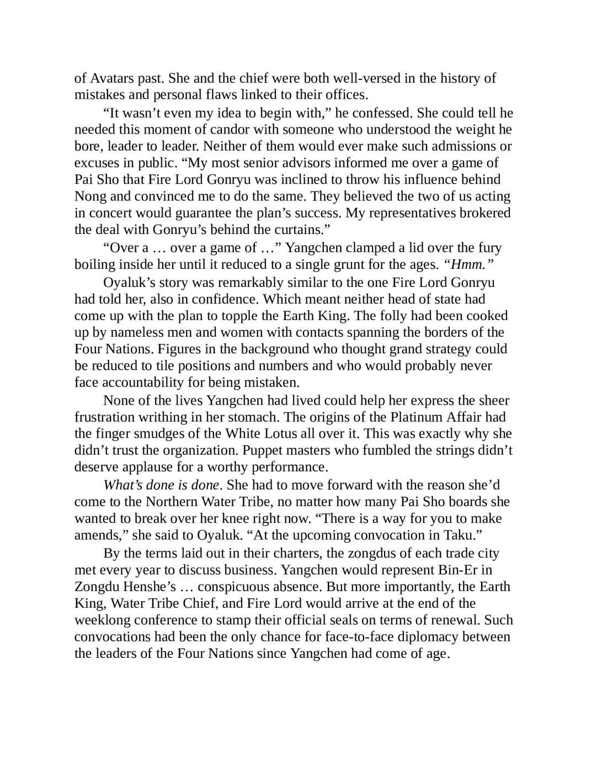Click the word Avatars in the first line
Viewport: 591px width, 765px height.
(111, 78)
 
